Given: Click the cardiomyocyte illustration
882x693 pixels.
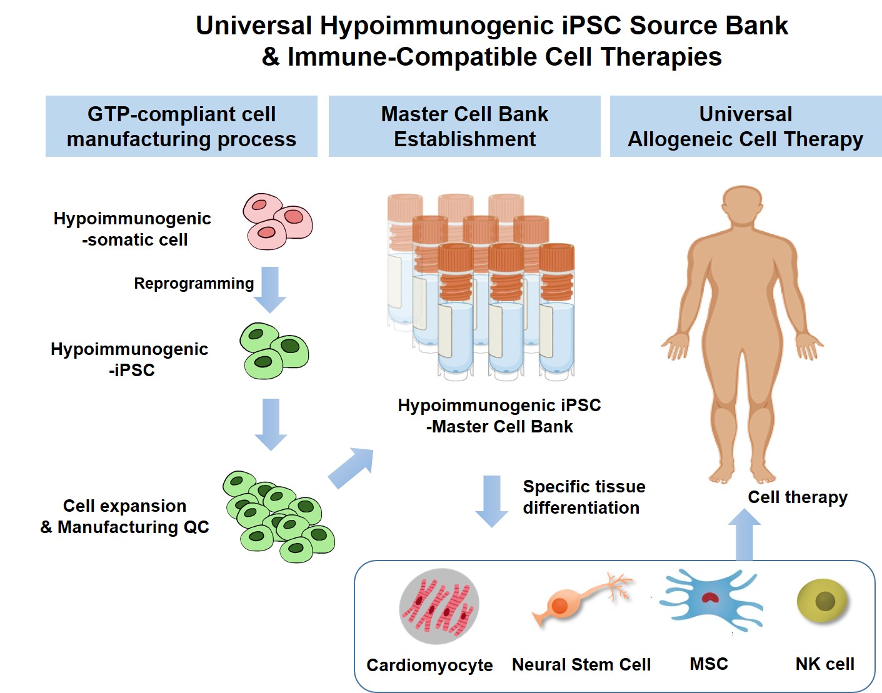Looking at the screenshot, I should coord(439,606).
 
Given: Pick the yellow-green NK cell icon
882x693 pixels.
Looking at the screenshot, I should coord(824,601).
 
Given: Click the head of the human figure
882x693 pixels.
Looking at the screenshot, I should coord(743,206).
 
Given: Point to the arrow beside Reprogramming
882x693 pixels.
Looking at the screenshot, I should coord(270,289).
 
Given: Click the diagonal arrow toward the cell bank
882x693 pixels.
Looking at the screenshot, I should coord(352,467).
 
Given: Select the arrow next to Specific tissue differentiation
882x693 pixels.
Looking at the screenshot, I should coord(492,500).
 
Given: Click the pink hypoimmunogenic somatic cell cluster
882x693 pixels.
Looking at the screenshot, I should coord(278,221).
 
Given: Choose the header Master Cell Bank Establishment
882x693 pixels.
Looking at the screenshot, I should coord(464,126).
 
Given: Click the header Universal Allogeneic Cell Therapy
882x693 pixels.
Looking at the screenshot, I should coord(745,126).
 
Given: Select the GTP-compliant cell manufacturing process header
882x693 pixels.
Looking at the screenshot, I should coord(181,126).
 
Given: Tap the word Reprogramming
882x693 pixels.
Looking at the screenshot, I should coord(194,284).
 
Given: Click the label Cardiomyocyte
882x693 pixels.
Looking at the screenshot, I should coord(429,665).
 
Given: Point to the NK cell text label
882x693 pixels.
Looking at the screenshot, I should coord(824,664).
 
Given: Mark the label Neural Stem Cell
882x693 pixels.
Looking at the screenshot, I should coord(581,664).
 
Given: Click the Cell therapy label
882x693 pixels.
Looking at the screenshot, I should coord(798,497).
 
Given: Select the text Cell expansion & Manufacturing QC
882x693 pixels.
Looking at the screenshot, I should coord(125,517).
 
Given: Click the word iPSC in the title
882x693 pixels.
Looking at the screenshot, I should coord(591,26).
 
